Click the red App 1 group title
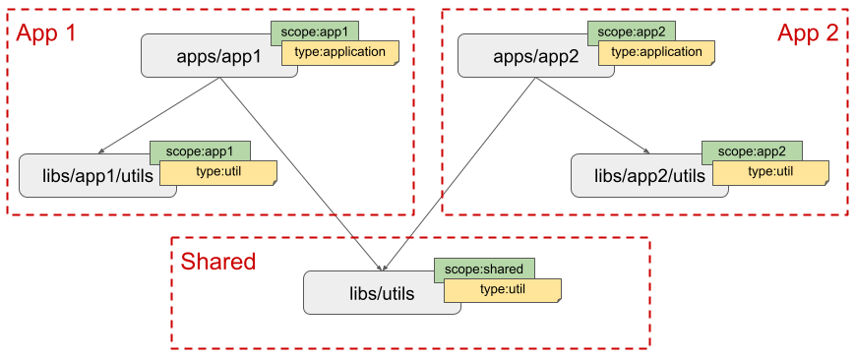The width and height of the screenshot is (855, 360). tap(46, 32)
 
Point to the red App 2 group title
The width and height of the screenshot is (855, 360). tap(807, 33)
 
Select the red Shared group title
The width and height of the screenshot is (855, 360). tap(217, 262)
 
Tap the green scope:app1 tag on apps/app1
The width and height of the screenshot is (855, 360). tap(313, 31)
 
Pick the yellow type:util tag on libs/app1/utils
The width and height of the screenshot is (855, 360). tap(218, 173)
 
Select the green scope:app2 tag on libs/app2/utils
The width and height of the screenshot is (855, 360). tap(752, 151)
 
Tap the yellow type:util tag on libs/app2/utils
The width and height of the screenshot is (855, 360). tap(770, 173)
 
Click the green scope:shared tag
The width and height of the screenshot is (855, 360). tap(485, 269)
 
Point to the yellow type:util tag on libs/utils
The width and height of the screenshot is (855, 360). tap(503, 290)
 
